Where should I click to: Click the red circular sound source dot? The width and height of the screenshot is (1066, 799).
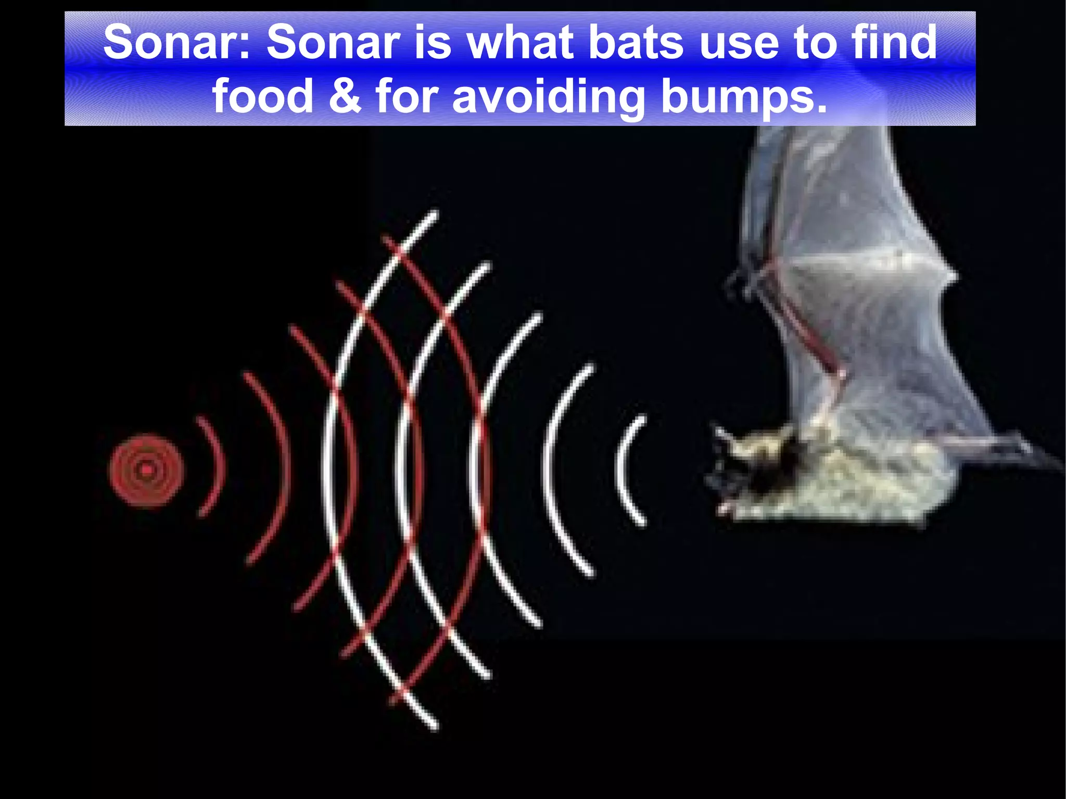tap(146, 471)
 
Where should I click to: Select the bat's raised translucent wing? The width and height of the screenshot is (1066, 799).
tap(854, 234)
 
